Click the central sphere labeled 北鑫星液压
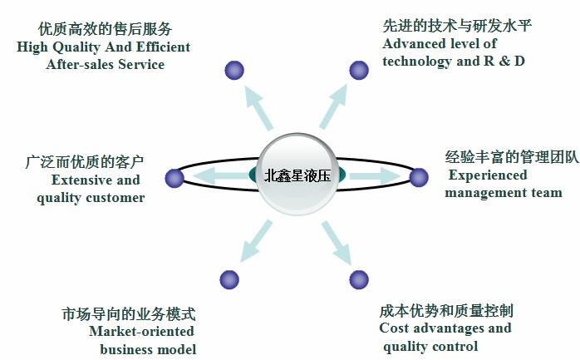[x=297, y=175]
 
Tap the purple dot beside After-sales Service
[x=234, y=70]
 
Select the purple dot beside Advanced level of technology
[x=359, y=70]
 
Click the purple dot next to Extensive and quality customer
[x=174, y=178]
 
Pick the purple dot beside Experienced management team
[x=419, y=177]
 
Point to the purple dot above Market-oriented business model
[x=229, y=279]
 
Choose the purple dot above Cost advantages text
[x=359, y=279]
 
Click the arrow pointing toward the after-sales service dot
[x=258, y=107]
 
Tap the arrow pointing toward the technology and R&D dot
[x=333, y=106]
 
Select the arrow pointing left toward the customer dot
[x=221, y=175]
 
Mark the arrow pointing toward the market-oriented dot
[x=256, y=241]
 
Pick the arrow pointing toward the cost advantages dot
[x=337, y=243]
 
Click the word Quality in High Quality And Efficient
[x=76, y=47]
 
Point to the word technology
[x=417, y=62]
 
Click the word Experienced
[x=488, y=175]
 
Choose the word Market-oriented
[x=141, y=331]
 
